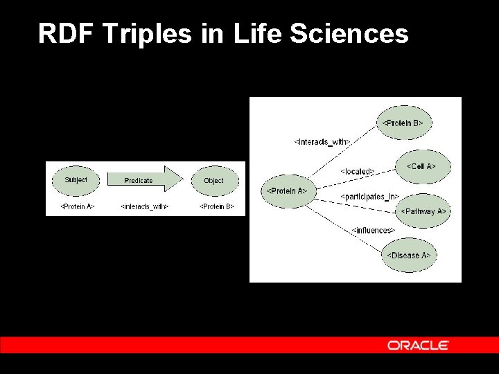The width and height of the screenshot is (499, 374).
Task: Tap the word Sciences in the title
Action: [349, 33]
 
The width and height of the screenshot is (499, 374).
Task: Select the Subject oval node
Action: [76, 180]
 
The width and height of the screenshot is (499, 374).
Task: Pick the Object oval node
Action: [213, 180]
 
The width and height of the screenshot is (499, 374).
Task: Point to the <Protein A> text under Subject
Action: [77, 206]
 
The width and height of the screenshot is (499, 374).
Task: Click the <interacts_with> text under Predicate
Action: [144, 206]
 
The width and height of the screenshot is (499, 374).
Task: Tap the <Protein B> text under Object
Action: [217, 206]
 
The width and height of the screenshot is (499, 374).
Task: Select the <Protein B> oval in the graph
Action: [403, 123]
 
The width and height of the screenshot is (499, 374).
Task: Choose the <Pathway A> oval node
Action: [423, 211]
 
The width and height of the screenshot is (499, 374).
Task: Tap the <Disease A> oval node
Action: [408, 255]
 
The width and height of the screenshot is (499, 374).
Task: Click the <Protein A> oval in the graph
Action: [287, 190]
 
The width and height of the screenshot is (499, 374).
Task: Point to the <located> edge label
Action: [358, 171]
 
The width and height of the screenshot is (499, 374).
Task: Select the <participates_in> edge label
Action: [370, 197]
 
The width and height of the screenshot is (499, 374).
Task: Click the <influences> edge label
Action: [373, 230]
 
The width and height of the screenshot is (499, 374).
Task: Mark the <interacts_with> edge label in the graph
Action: [322, 142]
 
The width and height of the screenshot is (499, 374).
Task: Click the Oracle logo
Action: [418, 345]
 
